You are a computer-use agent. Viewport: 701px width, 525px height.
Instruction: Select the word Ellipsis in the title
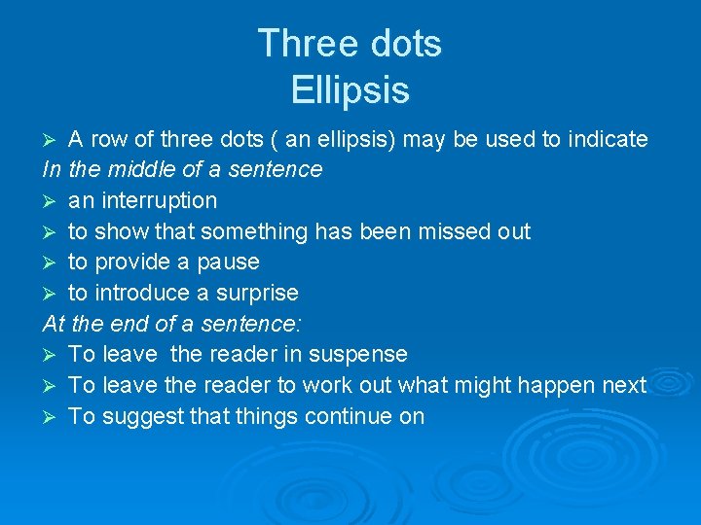[350, 90]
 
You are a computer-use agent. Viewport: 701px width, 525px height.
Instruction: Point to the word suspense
[362, 355]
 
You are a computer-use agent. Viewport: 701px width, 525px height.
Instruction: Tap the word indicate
[608, 139]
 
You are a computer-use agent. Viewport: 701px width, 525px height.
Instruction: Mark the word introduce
[140, 293]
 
